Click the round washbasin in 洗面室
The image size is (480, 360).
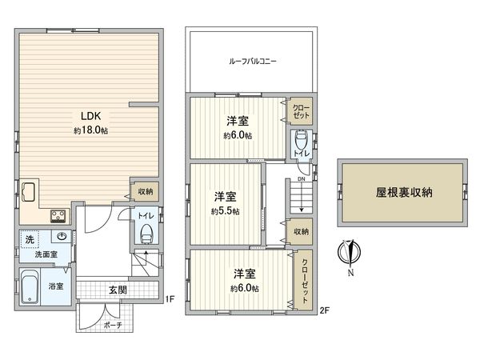click(62, 236)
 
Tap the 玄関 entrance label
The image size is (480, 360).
click(117, 290)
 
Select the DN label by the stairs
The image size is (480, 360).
click(300, 180)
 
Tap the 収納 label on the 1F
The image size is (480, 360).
click(144, 190)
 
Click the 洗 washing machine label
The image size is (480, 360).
click(29, 239)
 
